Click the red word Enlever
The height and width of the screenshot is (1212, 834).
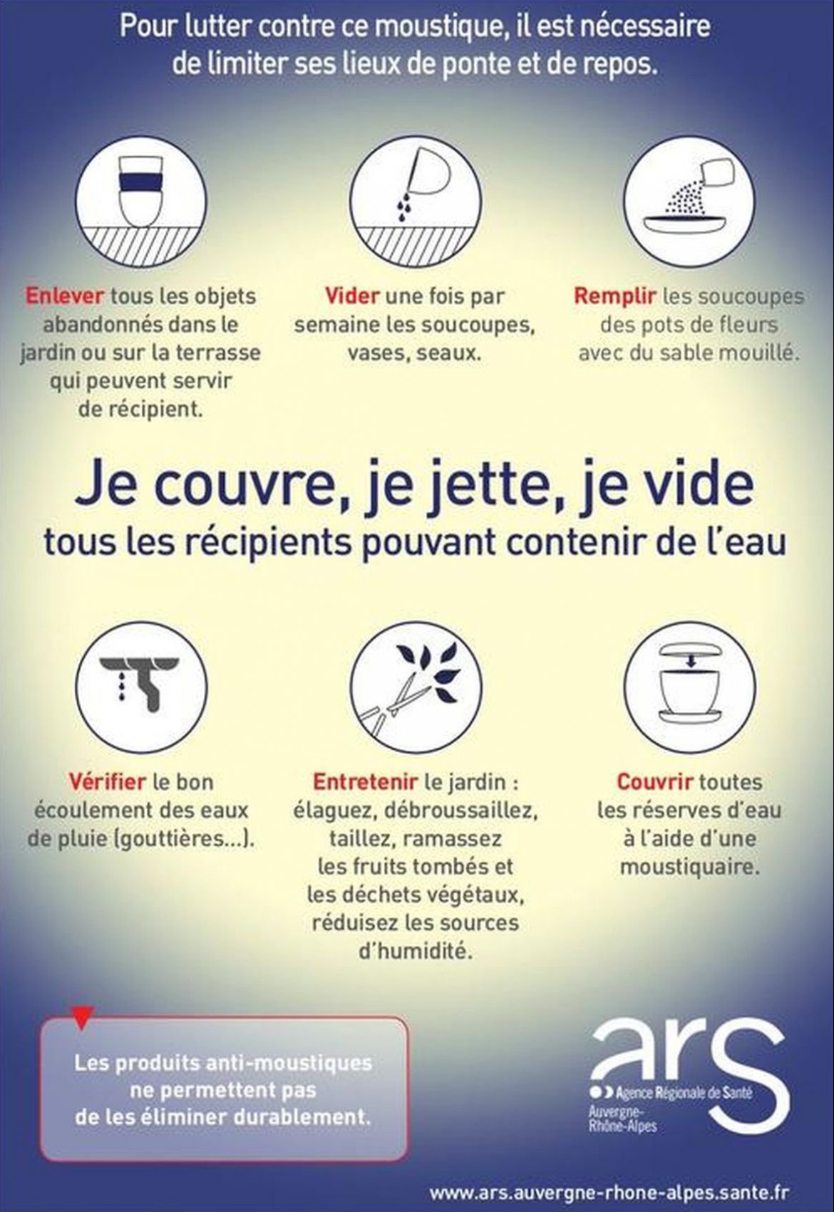coord(64,296)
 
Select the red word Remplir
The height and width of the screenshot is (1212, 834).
coord(615,297)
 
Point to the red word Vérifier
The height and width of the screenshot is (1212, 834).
coord(107,781)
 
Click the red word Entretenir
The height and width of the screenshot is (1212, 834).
coord(365,782)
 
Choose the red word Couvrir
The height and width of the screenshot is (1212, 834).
coord(654,782)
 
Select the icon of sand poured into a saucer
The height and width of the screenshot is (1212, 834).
coord(689,201)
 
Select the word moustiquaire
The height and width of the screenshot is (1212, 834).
coord(690,867)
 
